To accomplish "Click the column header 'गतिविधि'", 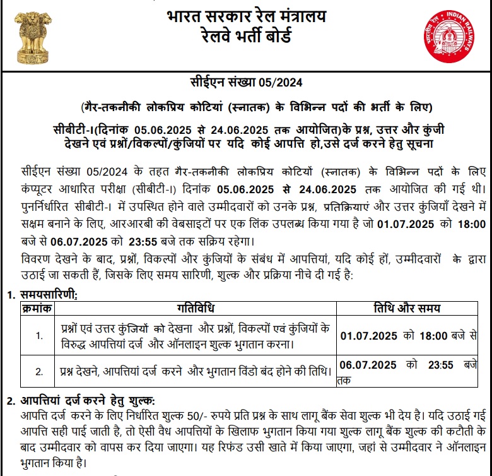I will pyautogui.click(x=195, y=308).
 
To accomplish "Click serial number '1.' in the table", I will pyautogui.click(x=39, y=335).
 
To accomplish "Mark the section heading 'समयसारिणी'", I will pyautogui.click(x=47, y=295).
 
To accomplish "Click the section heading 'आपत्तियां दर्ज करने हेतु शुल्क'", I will pyautogui.click(x=86, y=401).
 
